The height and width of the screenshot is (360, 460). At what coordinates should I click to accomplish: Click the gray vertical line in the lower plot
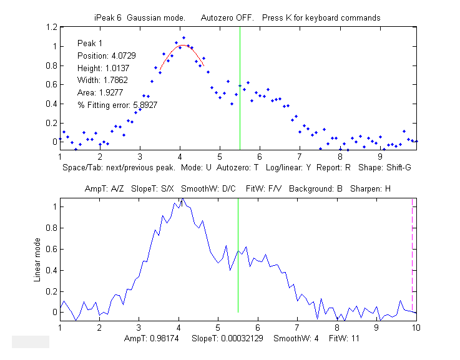pyautogui.click(x=238, y=281)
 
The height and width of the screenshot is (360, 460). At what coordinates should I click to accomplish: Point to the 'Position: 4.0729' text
pyautogui.click(x=104, y=56)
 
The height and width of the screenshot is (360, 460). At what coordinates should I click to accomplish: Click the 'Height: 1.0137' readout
pyautogui.click(x=100, y=68)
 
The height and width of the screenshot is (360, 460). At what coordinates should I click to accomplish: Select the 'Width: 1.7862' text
pyautogui.click(x=100, y=80)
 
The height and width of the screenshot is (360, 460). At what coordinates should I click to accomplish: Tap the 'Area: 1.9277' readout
pyautogui.click(x=98, y=92)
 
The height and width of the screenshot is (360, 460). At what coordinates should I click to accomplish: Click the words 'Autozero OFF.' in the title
pyautogui.click(x=227, y=17)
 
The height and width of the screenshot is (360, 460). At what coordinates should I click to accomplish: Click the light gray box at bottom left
pyautogui.click(x=31, y=341)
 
